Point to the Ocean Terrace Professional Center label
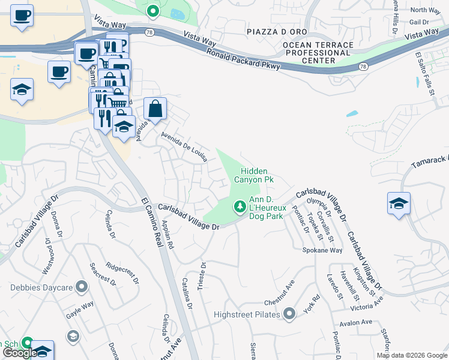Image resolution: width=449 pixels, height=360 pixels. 317,53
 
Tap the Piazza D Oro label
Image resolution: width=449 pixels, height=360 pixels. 277,31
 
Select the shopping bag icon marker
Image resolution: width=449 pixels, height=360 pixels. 155,109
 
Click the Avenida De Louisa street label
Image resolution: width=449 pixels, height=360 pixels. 184,148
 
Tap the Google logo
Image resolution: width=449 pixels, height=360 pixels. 19,353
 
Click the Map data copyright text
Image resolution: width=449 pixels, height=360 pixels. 412,355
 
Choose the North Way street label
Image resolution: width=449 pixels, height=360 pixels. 426,10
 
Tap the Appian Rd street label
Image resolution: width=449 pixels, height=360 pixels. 166,235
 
